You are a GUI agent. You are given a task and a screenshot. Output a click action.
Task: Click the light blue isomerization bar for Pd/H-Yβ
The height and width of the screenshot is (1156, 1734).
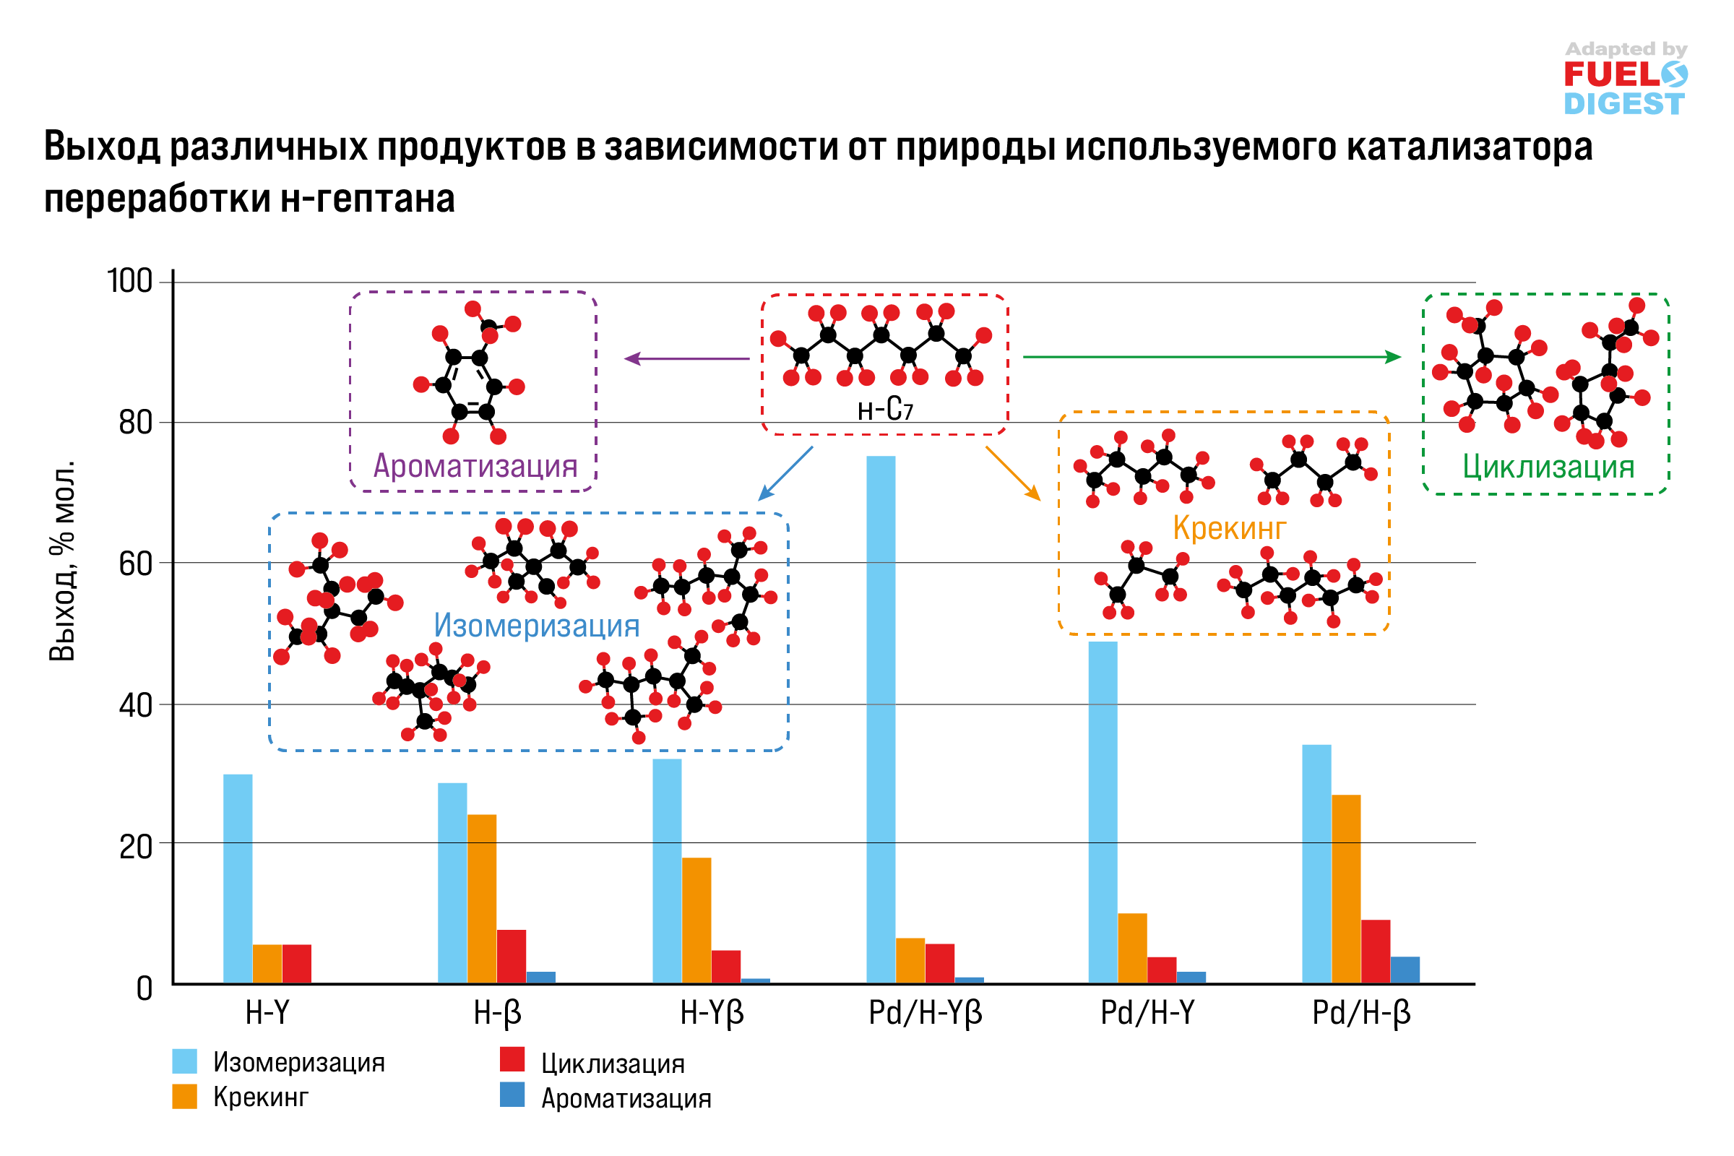881,719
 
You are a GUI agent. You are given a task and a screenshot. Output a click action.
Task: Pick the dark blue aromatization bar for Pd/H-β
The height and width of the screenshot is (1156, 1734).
1405,970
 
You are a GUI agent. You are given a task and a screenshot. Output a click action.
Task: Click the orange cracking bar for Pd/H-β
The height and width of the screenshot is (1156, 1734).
1346,889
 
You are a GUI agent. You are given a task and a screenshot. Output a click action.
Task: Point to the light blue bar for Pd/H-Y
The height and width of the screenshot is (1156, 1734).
1103,811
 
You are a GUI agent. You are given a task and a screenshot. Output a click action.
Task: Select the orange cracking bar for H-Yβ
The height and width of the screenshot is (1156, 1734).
696,919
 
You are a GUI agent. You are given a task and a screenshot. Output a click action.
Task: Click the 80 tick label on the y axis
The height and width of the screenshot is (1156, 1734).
135,423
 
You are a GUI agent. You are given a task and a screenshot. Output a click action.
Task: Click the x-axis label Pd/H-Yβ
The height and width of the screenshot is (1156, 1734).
926,1014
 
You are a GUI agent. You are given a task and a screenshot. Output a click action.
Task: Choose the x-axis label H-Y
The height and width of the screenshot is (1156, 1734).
267,1014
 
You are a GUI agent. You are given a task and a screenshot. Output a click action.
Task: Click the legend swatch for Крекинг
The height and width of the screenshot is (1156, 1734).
184,1096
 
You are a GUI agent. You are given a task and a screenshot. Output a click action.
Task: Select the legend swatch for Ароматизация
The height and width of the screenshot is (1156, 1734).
512,1095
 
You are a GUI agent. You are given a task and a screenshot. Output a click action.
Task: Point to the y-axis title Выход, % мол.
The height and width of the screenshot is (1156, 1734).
64,561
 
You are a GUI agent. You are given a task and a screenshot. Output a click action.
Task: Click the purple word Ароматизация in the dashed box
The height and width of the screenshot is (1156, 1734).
475,466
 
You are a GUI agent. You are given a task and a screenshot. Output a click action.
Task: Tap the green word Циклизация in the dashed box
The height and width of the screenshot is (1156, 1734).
1548,467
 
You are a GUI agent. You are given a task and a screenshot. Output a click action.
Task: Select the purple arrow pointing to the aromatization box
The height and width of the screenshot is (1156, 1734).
686,359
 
